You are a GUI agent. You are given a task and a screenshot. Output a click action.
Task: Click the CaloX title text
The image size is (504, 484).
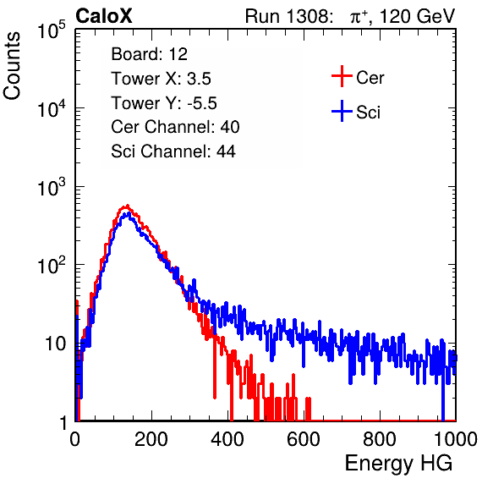[104, 16]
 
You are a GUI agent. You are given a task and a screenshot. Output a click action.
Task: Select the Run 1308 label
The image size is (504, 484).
[288, 16]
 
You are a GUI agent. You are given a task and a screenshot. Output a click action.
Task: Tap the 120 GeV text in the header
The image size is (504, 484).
[417, 16]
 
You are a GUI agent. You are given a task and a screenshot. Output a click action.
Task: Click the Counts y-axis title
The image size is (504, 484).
[12, 66]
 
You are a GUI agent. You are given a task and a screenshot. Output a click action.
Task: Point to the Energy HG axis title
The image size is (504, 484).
[398, 464]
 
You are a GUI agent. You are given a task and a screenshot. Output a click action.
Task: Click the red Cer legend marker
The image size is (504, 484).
[342, 76]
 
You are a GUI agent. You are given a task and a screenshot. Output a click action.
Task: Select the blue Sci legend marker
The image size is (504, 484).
[342, 111]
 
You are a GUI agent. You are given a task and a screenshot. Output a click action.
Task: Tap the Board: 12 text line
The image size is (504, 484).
[149, 54]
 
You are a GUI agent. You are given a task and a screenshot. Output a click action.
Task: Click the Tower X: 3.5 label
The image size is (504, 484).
[161, 79]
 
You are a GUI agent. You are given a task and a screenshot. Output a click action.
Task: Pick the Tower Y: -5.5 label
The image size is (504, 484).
[164, 103]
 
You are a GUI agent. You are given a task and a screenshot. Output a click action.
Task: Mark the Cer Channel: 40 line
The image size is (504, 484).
[175, 127]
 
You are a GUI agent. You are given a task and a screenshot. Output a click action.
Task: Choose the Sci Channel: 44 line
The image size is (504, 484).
[173, 151]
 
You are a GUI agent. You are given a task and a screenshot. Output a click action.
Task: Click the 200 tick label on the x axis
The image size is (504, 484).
[151, 439]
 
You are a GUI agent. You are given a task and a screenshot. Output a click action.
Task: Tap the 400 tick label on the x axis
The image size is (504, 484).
[227, 439]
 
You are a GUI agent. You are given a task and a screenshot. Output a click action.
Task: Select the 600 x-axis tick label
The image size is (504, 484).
[304, 439]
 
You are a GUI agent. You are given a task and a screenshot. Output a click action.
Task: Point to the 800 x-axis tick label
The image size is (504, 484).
[380, 439]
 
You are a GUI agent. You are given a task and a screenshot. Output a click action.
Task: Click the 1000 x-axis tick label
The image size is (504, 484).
[456, 439]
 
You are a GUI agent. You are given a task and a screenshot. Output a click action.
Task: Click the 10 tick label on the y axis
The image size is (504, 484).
[55, 344]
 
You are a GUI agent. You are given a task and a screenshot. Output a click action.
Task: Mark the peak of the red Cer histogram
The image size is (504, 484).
[128, 205]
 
